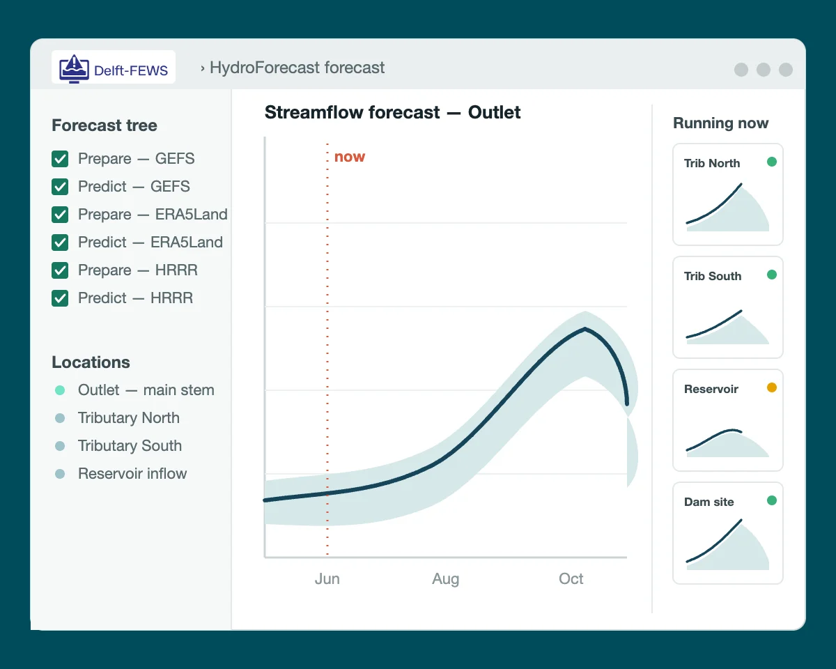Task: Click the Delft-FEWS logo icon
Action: click(74, 69)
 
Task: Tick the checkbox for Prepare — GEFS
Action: click(60, 159)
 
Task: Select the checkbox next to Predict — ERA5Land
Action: click(60, 243)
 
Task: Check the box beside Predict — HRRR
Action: click(60, 298)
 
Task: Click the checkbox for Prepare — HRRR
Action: click(60, 270)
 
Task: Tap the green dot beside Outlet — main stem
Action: click(60, 390)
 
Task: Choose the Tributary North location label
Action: click(129, 418)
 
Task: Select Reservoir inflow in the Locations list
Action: click(132, 473)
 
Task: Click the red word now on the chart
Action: click(350, 157)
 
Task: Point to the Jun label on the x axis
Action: click(327, 579)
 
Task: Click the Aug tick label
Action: click(446, 579)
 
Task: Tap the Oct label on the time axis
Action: click(571, 579)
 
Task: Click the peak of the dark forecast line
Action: click(585, 329)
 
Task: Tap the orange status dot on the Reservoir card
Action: click(772, 387)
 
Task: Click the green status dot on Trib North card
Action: click(772, 162)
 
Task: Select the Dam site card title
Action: click(709, 502)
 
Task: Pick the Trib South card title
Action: click(713, 276)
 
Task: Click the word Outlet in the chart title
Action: click(494, 112)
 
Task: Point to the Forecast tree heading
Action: click(104, 125)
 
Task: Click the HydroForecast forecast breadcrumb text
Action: click(297, 68)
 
